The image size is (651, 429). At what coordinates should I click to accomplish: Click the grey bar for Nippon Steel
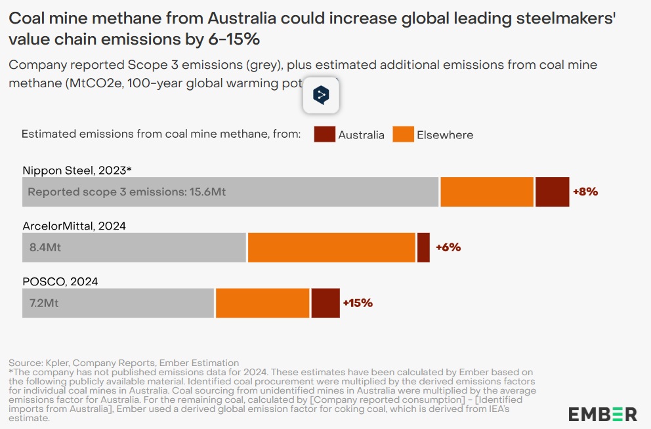point(230,192)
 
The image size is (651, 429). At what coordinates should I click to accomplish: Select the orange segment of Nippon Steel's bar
point(487,192)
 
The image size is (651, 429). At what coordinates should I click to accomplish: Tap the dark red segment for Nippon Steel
point(552,192)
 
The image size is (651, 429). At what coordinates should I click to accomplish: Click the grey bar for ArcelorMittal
point(135,248)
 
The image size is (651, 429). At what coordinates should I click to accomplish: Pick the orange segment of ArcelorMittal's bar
point(331,248)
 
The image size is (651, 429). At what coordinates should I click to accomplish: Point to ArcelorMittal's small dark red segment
point(423,248)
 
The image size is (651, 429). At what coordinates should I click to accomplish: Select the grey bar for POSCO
point(118,303)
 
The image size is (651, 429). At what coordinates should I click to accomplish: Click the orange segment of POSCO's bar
point(262,303)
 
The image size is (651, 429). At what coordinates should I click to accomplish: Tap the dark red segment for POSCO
point(325,303)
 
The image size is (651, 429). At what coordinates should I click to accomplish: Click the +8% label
point(585,192)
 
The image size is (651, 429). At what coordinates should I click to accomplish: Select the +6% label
point(448,247)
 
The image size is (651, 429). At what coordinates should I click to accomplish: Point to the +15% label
point(358,303)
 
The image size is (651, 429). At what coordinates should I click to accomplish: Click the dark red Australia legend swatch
point(325,134)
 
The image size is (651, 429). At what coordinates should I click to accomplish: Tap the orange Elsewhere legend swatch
point(404,134)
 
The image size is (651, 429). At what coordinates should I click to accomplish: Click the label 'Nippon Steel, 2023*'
point(77,171)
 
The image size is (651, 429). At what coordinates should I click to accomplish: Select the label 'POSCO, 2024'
point(60,281)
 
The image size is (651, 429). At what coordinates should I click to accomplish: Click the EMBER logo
point(602,415)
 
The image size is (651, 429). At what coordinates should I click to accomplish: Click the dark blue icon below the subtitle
point(320,96)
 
